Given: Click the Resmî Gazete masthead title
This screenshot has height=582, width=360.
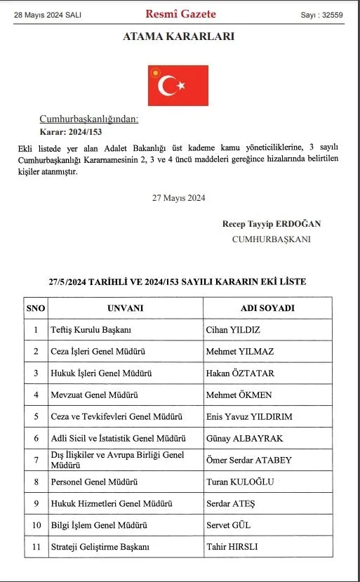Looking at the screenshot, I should (180, 14).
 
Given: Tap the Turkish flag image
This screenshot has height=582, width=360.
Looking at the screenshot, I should (178, 86).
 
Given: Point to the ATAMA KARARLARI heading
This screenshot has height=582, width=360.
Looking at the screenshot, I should (180, 37).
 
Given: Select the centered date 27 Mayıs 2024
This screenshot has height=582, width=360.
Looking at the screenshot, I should (178, 198).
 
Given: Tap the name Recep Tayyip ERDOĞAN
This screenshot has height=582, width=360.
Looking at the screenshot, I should (272, 224).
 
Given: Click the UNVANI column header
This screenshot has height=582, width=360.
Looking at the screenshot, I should (125, 308).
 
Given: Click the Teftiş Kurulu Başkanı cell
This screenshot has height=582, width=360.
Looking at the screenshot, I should (92, 329).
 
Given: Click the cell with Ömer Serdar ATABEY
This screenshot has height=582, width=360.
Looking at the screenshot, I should (249, 460).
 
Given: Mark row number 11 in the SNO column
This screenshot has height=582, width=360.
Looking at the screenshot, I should (35, 546).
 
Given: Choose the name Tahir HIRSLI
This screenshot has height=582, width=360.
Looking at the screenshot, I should (232, 546).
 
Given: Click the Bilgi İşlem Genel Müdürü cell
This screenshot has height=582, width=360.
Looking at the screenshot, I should (100, 524).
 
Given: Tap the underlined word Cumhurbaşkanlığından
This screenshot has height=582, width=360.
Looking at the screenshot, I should (88, 119).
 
